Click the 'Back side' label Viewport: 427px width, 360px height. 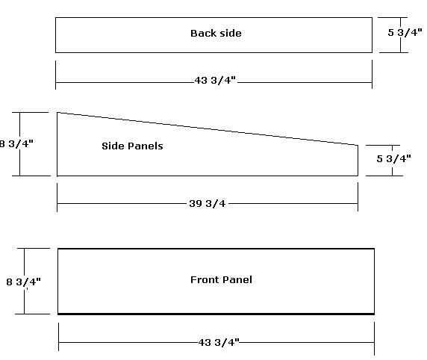point(216,34)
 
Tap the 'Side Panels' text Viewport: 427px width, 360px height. point(132,146)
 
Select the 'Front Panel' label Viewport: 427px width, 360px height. point(221,279)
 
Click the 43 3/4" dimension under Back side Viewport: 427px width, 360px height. point(215,81)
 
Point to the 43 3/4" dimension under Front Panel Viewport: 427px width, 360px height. point(219,342)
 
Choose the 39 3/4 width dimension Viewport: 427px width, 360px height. point(208,204)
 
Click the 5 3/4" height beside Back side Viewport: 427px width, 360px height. point(405,32)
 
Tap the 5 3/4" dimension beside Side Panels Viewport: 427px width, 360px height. point(393,158)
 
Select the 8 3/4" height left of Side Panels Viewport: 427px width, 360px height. point(16,143)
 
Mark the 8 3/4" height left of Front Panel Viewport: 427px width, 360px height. point(23,282)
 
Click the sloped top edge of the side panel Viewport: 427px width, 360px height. point(208,128)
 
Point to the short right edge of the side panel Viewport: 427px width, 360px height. point(358,161)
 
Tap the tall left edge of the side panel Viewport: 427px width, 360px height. point(57,144)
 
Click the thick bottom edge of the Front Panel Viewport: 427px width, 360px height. point(216,314)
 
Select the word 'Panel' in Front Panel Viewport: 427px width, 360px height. point(237,279)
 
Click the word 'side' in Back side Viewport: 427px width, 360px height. point(230,34)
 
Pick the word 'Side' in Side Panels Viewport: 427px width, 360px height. point(111,146)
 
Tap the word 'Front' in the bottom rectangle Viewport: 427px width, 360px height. point(205,279)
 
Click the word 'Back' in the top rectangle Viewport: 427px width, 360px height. point(203,34)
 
